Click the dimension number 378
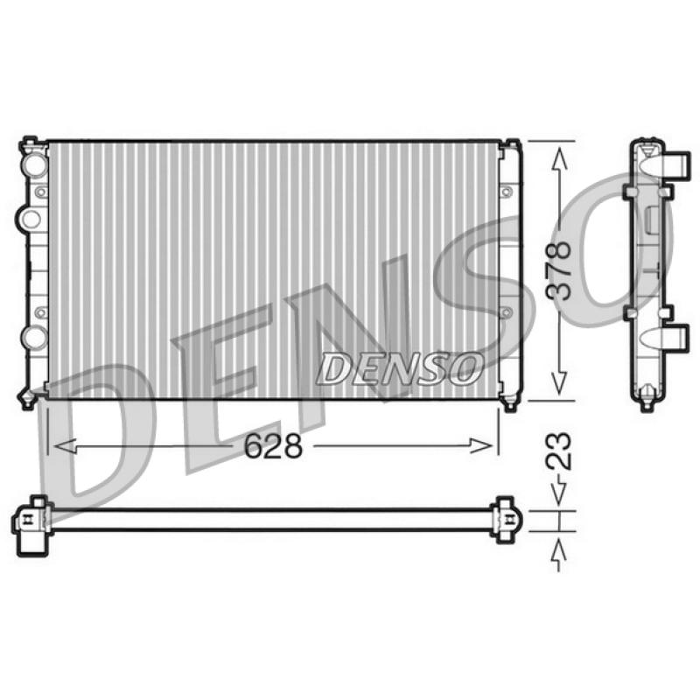click(x=559, y=271)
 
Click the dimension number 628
click(x=273, y=445)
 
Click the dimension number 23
click(x=559, y=451)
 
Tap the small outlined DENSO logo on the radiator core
click(x=400, y=368)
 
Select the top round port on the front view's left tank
click(x=35, y=164)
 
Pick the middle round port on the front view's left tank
click(x=30, y=219)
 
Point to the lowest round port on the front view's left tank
click(x=35, y=338)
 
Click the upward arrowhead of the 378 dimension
click(x=559, y=159)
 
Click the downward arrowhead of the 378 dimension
click(x=559, y=382)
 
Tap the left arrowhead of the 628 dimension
click(x=65, y=445)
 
